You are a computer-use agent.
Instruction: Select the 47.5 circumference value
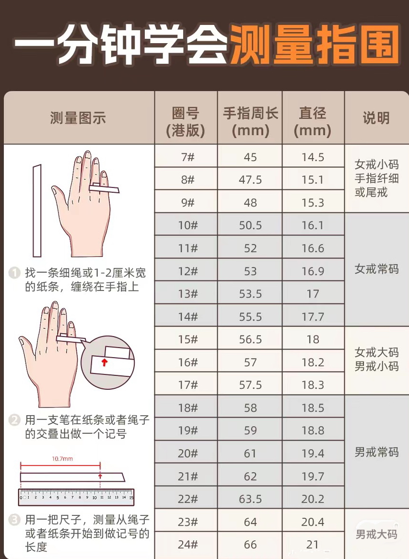click(x=250, y=180)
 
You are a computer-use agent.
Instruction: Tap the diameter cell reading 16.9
click(x=313, y=271)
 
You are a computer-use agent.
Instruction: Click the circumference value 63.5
click(x=250, y=499)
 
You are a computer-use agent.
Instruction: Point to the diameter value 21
click(x=313, y=545)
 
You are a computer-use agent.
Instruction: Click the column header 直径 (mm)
click(x=313, y=122)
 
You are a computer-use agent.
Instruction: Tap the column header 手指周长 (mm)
click(x=250, y=122)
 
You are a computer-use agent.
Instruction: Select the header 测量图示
click(x=78, y=118)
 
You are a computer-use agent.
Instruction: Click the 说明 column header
click(x=376, y=118)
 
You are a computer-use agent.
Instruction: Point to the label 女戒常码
click(x=376, y=269)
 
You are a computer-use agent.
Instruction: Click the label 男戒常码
click(x=376, y=452)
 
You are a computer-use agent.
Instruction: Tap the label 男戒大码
click(x=376, y=534)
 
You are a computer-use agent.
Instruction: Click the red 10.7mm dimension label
click(x=62, y=459)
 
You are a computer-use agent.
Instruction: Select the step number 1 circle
click(x=15, y=273)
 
